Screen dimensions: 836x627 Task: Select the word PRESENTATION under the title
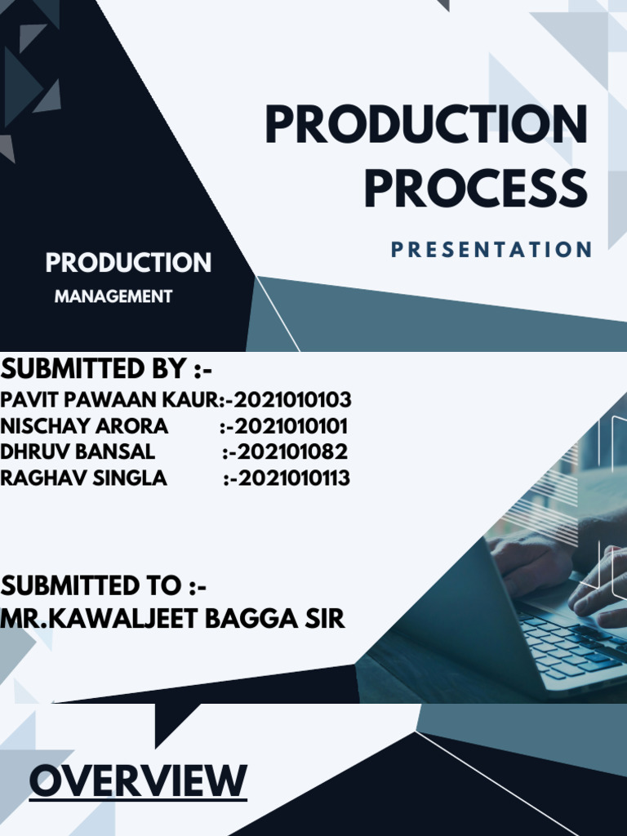pos(491,250)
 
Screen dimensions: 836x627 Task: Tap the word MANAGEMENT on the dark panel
pos(113,296)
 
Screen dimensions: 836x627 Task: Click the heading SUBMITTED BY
pos(106,369)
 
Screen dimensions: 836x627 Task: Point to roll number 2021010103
pos(293,400)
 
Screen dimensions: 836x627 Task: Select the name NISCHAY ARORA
pos(84,426)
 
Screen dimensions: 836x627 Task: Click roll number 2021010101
pos(291,426)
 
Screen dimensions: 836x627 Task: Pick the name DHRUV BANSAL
pos(78,452)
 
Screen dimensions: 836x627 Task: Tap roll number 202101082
pos(291,452)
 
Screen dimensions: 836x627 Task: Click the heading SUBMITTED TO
pos(104,585)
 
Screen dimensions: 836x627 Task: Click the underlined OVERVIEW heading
pos(138,780)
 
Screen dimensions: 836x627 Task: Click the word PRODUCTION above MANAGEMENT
pos(128,263)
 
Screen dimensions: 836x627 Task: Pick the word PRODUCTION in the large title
pos(426,127)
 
